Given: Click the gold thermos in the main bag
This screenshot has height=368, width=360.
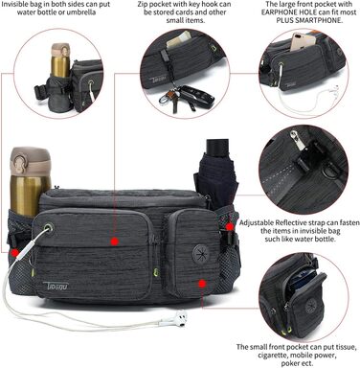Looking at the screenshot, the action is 30,182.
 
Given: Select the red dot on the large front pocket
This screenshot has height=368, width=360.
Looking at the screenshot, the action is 115,241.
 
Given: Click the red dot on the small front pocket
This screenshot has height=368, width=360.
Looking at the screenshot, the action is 201,284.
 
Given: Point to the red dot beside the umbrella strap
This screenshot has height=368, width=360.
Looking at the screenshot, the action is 229,226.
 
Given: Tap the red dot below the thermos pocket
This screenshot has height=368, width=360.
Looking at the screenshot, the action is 14,253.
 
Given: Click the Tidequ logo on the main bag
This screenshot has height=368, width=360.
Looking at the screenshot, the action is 56,285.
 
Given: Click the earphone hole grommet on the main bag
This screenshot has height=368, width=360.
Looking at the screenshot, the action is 48,228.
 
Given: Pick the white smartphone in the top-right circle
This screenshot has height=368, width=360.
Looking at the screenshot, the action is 302,41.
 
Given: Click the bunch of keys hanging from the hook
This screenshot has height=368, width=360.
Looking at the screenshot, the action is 185,96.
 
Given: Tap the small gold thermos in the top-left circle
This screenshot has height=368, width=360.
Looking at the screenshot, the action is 60,59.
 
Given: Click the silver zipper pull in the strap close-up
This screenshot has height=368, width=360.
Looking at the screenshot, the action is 297,140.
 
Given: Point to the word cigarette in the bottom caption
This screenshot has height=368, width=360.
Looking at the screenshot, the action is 273,356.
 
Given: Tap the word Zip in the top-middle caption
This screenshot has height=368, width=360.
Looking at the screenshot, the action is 143,5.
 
